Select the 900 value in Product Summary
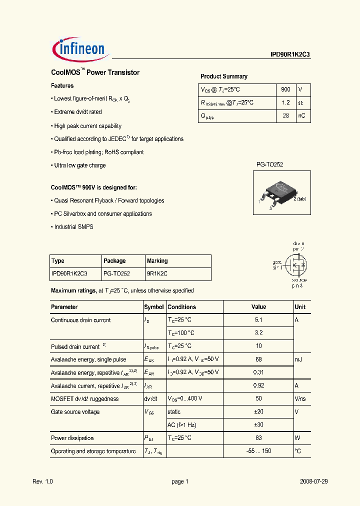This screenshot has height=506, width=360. (285, 89)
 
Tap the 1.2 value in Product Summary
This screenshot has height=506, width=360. (285, 102)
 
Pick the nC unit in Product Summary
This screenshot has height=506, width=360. (302, 115)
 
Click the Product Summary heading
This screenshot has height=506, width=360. (223, 76)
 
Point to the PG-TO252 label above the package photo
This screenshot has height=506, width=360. (270, 164)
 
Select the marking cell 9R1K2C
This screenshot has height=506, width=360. (157, 274)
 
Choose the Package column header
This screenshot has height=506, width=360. (114, 261)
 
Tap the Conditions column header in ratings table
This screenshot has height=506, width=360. (182, 307)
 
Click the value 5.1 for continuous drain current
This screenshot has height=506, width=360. (258, 320)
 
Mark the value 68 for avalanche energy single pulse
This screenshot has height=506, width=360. (258, 359)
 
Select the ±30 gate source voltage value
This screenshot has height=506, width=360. (258, 425)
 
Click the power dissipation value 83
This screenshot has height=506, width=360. (258, 438)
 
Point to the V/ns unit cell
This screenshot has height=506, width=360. (300, 399)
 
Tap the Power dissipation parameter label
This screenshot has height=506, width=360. (72, 438)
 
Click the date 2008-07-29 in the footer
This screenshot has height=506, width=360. (313, 481)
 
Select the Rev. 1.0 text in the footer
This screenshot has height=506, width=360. (42, 481)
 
